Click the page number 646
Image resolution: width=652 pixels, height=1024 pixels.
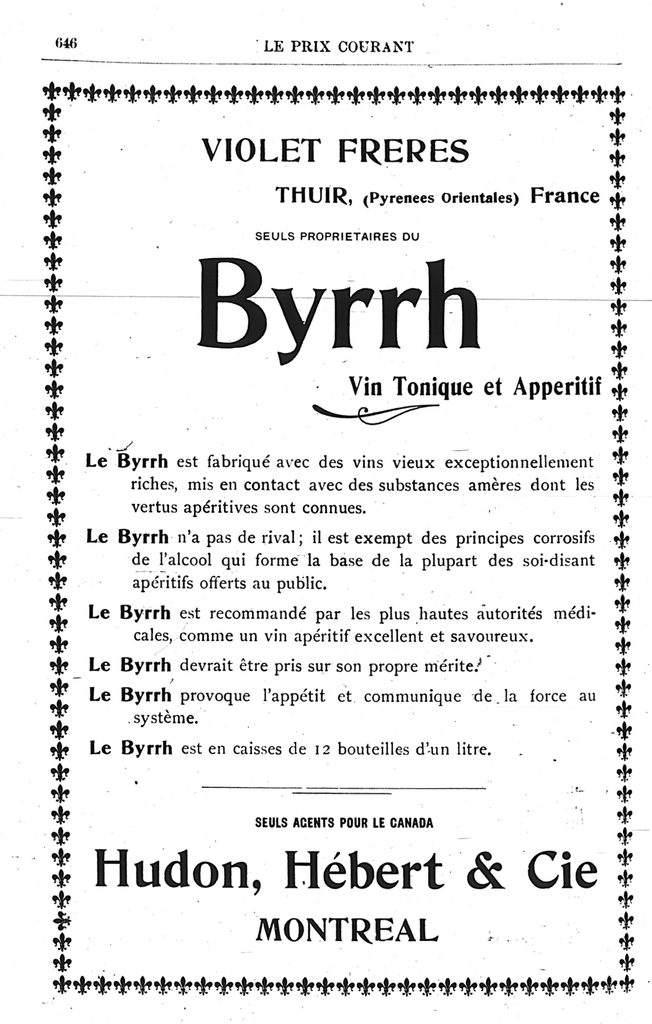pyautogui.click(x=65, y=43)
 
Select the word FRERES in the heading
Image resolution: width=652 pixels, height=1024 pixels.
pyautogui.click(x=404, y=150)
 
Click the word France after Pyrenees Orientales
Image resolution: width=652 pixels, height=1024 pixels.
pyautogui.click(x=564, y=196)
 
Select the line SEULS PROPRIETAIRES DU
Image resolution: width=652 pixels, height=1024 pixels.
pyautogui.click(x=337, y=237)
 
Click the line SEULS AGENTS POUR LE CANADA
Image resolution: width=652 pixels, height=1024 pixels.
pyautogui.click(x=344, y=823)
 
